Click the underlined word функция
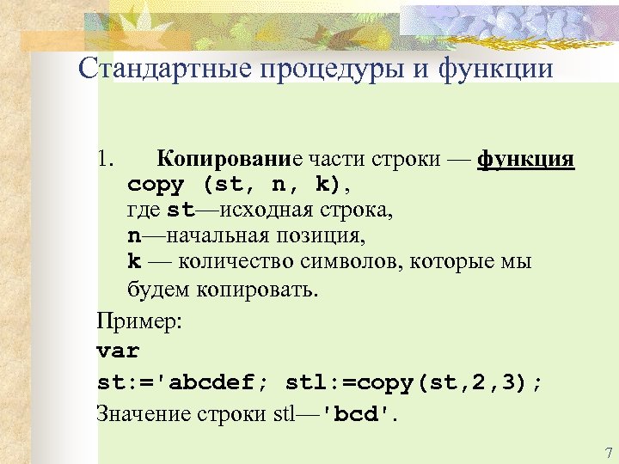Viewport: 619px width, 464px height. click(525, 160)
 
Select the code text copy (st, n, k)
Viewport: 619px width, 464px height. click(233, 185)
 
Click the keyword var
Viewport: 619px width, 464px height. click(118, 351)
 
